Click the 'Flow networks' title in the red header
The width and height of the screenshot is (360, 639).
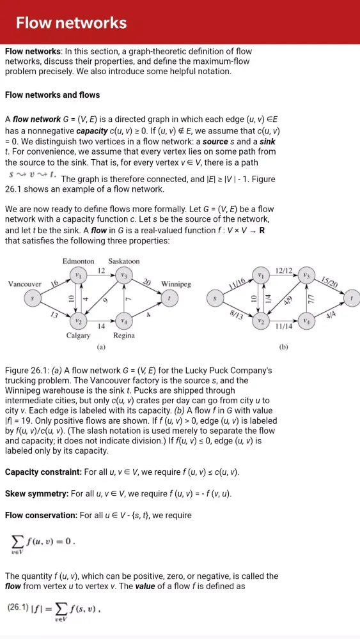coord(71,24)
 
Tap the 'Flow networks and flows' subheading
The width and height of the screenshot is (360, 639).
coord(52,95)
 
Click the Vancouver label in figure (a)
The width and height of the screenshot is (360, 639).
coord(25,284)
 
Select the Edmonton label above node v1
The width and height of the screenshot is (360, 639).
coord(78,261)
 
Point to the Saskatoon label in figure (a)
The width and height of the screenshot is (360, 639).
coord(123,261)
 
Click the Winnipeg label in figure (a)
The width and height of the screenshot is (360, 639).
coord(176,284)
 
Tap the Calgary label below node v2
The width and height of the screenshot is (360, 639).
coord(78,335)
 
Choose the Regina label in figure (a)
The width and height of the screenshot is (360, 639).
coord(123,335)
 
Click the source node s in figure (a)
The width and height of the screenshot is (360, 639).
coord(32,298)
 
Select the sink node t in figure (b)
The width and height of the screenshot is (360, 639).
coord(351,298)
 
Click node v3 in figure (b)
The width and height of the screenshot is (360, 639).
coord(308,275)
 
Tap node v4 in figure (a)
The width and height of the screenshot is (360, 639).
coord(124,320)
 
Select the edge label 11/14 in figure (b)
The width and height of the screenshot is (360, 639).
coord(284,326)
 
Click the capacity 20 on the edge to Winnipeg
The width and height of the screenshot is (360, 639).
coord(146,282)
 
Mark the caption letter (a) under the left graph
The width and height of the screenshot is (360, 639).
coord(100,348)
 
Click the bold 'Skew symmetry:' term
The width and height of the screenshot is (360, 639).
coord(36,494)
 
